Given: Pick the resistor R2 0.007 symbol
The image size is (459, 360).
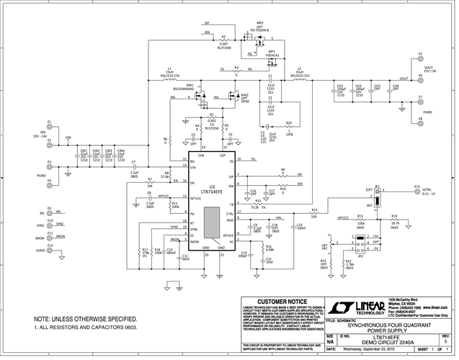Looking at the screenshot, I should [x=225, y=38].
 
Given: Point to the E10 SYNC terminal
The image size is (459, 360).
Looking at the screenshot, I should [x=50, y=225].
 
